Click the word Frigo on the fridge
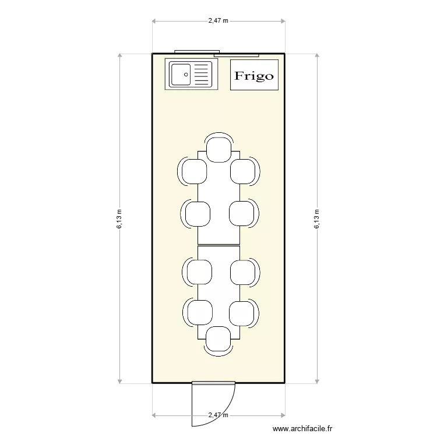point(254,76)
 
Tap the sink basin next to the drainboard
point(181,75)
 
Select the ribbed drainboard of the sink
point(200,75)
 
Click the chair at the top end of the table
point(219,150)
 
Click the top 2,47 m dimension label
point(218,20)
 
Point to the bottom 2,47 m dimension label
point(218,415)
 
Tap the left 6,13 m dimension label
point(119,219)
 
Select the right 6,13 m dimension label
point(317,219)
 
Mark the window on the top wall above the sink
point(196,52)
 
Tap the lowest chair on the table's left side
point(198,312)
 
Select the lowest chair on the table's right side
point(241,312)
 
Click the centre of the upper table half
point(219,198)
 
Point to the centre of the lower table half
point(219,291)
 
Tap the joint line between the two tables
point(219,245)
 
